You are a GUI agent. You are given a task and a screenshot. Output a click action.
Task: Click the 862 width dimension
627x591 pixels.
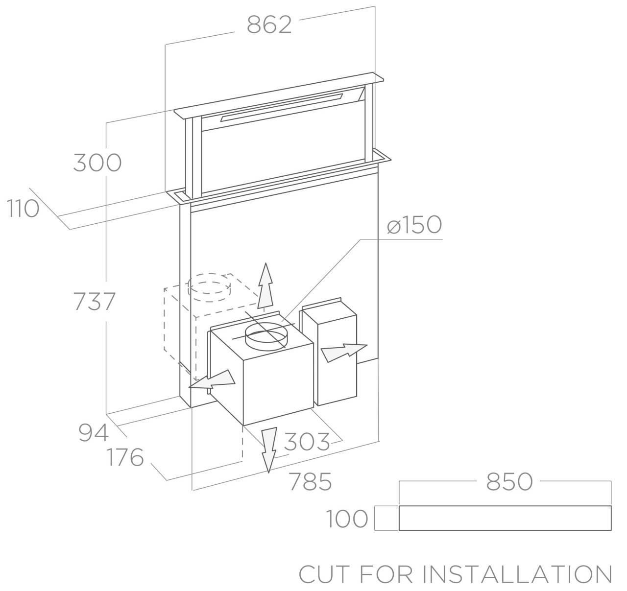point(269,24)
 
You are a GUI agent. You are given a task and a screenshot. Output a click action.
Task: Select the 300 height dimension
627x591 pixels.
point(97,163)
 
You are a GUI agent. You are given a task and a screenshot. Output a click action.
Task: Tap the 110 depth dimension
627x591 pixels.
point(23,209)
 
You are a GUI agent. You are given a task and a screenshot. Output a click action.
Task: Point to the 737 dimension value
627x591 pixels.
point(94,301)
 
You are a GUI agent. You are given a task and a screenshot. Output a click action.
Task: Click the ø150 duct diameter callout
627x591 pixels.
point(414,225)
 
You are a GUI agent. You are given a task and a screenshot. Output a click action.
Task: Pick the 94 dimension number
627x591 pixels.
point(93,433)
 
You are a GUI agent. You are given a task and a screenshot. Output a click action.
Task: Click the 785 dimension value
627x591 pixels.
point(310,482)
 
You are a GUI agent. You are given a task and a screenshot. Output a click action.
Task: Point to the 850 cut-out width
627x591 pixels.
point(509,482)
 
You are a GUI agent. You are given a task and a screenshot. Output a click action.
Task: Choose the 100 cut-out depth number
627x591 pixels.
point(347,519)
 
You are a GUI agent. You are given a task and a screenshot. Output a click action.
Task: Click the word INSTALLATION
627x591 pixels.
point(518,574)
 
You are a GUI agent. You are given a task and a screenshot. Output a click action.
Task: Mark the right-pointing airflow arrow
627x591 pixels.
point(343,352)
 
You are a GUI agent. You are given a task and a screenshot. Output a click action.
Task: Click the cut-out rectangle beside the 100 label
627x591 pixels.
point(505,518)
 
